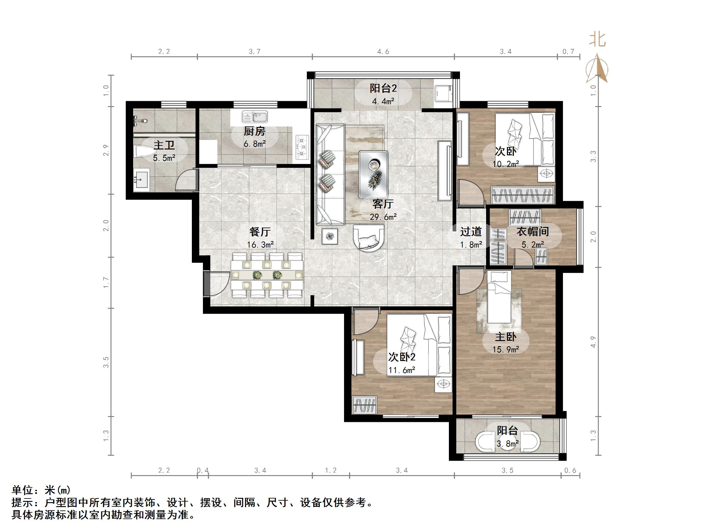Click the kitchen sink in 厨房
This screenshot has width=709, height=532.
pos(255,117)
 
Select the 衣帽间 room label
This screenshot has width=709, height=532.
pos(533,232)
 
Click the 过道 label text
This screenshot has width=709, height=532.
pos(471,232)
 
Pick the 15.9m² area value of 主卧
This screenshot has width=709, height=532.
pos(505,350)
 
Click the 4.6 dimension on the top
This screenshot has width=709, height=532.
pos(383,52)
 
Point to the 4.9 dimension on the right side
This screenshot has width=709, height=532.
pos(593,342)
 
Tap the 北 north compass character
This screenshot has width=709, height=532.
pos(597,40)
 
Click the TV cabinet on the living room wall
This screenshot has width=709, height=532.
pos(445,170)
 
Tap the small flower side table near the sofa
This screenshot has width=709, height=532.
pos(330,237)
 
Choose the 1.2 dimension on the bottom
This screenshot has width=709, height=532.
pos(331,470)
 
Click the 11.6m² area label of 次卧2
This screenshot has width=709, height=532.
pos(402,370)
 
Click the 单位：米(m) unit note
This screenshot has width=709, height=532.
pos(41,490)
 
